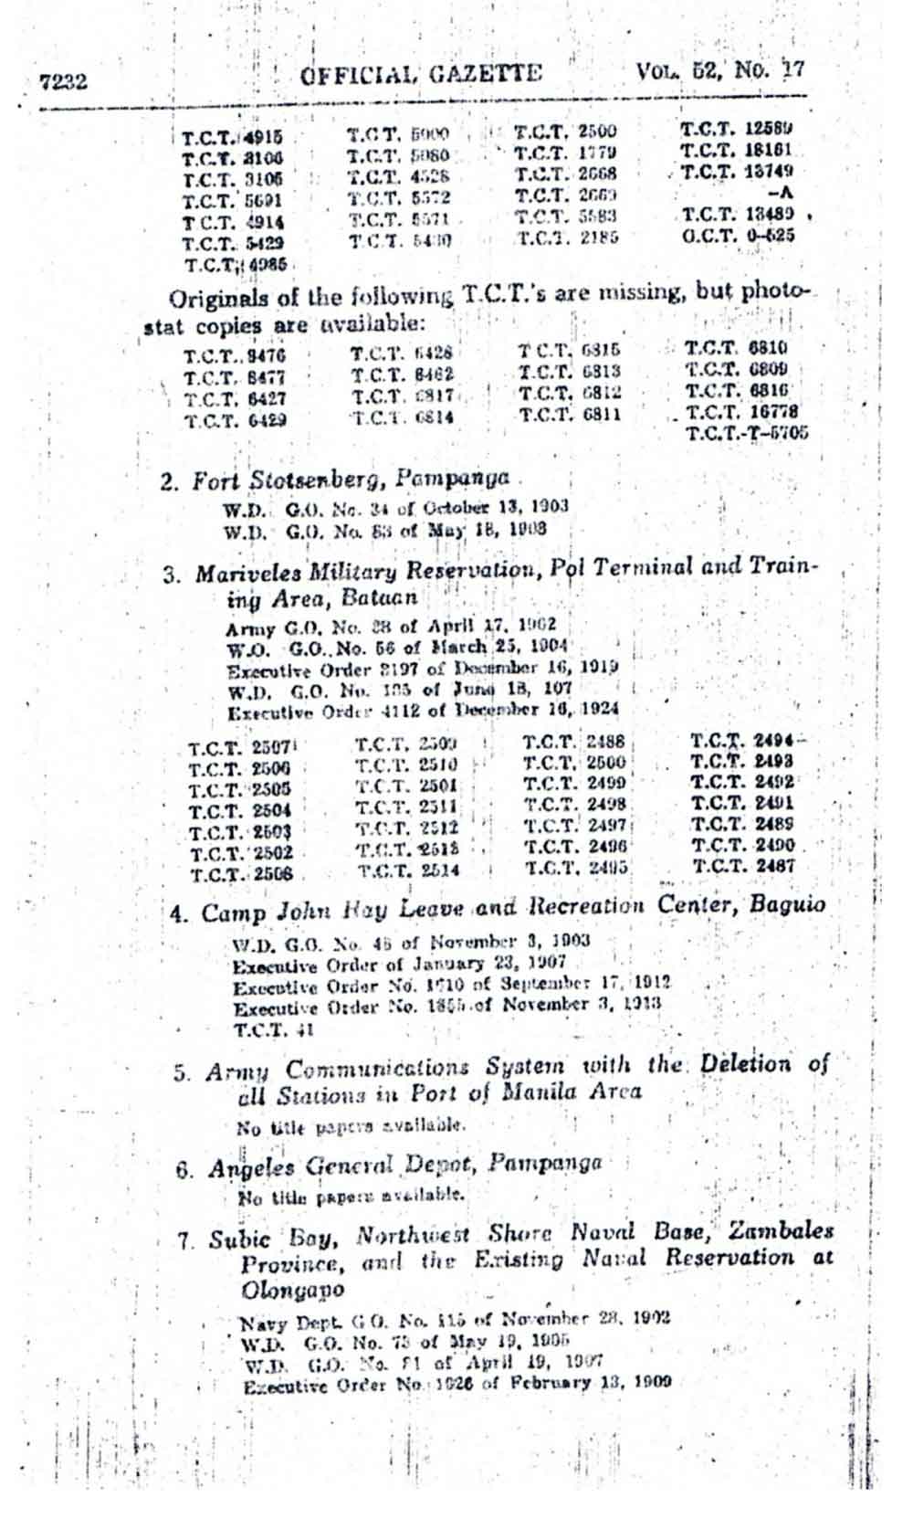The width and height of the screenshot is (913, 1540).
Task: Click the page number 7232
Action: click(64, 81)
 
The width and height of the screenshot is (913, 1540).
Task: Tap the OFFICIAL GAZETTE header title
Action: click(421, 73)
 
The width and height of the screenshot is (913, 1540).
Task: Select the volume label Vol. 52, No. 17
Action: click(720, 70)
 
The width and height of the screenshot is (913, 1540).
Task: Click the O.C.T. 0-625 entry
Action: click(738, 236)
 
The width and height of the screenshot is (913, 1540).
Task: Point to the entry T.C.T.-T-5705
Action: click(747, 433)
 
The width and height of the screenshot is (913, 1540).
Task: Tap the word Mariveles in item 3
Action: click(240, 574)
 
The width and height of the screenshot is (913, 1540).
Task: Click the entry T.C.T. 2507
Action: click(239, 749)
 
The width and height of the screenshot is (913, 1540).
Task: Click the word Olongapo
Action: click(293, 1291)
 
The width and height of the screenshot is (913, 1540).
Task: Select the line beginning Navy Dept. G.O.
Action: click(455, 1319)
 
